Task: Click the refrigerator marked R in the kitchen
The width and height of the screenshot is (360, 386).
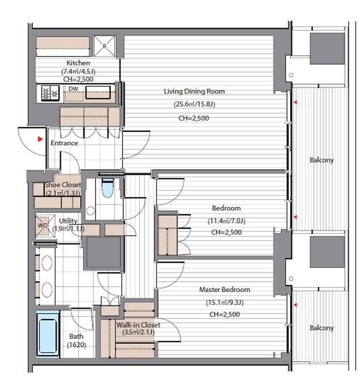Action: (x=105, y=46)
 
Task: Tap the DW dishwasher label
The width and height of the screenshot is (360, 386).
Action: (x=73, y=89)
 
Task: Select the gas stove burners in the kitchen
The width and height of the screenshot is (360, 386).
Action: (x=50, y=93)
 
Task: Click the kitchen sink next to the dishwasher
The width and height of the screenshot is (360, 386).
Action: (x=98, y=93)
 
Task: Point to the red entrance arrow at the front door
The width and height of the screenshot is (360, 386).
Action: (x=40, y=139)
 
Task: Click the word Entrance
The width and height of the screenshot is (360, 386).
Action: (x=64, y=143)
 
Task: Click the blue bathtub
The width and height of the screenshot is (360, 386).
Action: (x=48, y=333)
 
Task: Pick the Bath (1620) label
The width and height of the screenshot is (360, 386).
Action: (x=77, y=341)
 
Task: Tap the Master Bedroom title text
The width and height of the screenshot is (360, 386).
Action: (x=225, y=289)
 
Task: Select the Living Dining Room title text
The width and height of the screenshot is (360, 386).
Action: (x=194, y=91)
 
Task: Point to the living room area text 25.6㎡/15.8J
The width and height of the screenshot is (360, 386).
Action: (x=194, y=104)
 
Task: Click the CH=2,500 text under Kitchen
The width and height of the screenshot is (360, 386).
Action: (x=78, y=79)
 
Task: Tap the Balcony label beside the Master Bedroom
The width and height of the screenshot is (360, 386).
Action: (x=322, y=328)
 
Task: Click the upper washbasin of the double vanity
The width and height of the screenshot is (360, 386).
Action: (x=47, y=263)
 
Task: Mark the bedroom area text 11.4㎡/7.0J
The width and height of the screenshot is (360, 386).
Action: (x=226, y=221)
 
